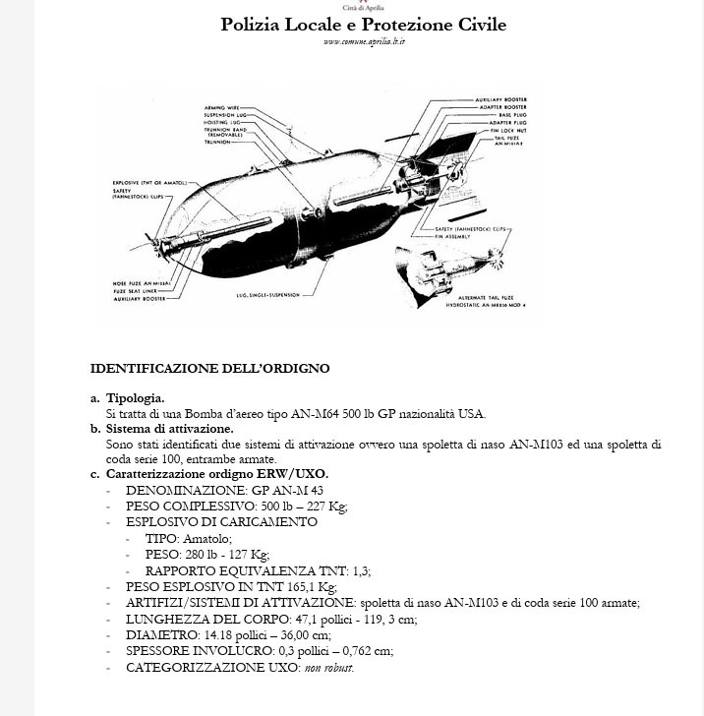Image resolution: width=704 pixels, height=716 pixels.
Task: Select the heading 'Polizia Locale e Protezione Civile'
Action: click(363, 24)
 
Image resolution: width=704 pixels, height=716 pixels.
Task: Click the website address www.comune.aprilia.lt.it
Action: click(364, 41)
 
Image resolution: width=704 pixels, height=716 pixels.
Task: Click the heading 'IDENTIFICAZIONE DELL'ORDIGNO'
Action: click(209, 369)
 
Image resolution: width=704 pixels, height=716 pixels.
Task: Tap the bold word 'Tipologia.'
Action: click(136, 398)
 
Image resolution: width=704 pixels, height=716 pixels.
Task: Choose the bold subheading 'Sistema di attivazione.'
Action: click(169, 429)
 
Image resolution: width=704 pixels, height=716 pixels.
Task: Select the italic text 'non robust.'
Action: click(328, 668)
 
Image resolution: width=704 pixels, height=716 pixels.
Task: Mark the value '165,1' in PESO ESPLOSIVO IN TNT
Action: click(284, 587)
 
